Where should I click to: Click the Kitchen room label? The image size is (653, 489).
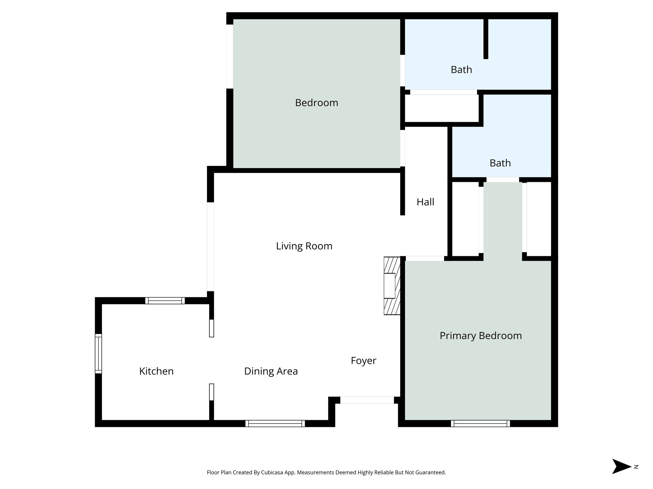[x=156, y=371]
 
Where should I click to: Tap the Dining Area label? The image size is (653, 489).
[x=271, y=371]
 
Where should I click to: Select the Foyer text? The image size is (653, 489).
[x=363, y=361]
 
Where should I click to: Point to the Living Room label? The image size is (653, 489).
[x=304, y=246]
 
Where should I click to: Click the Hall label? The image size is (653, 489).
[x=425, y=202]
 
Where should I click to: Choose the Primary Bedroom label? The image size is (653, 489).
[x=481, y=336]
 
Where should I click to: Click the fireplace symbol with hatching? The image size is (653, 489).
[x=392, y=286]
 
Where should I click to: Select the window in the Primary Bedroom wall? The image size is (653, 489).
[x=480, y=423]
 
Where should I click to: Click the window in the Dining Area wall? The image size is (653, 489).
[x=275, y=423]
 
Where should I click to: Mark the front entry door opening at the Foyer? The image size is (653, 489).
[x=367, y=400]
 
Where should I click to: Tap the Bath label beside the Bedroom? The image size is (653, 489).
[x=461, y=70]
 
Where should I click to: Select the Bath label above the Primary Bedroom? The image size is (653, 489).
[x=500, y=163]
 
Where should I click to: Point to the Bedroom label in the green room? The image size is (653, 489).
[x=316, y=103]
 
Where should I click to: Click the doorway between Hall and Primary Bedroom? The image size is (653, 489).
[x=425, y=259]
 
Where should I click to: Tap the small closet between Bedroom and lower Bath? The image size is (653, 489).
[x=441, y=108]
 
